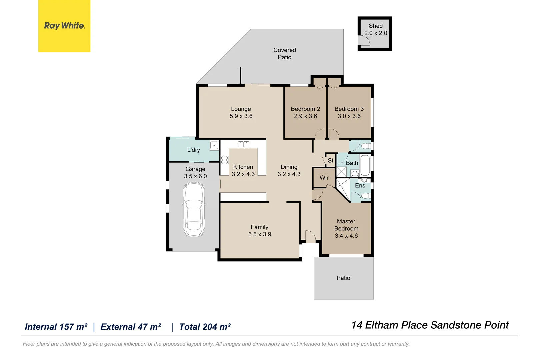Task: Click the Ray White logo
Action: click(x=64, y=26)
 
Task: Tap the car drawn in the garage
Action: click(x=194, y=209)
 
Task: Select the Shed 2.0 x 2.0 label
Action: click(x=376, y=29)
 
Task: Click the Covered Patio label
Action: click(x=285, y=53)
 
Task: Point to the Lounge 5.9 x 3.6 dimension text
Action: click(x=241, y=116)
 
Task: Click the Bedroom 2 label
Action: click(x=305, y=109)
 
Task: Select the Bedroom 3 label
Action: click(x=349, y=109)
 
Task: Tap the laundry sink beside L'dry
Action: click(x=214, y=145)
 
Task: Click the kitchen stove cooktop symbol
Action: click(x=225, y=160)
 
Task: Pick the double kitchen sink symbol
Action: click(x=243, y=144)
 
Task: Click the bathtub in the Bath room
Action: click(x=365, y=165)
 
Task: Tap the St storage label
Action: click(x=330, y=160)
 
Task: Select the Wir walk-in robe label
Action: click(x=324, y=177)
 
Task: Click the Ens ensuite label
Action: click(x=360, y=186)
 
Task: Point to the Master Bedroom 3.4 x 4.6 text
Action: click(x=346, y=228)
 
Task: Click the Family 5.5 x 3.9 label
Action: click(x=259, y=231)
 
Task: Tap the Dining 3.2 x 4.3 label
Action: click(x=289, y=170)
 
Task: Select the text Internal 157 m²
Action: click(x=56, y=327)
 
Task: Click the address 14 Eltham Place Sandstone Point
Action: click(x=430, y=325)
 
